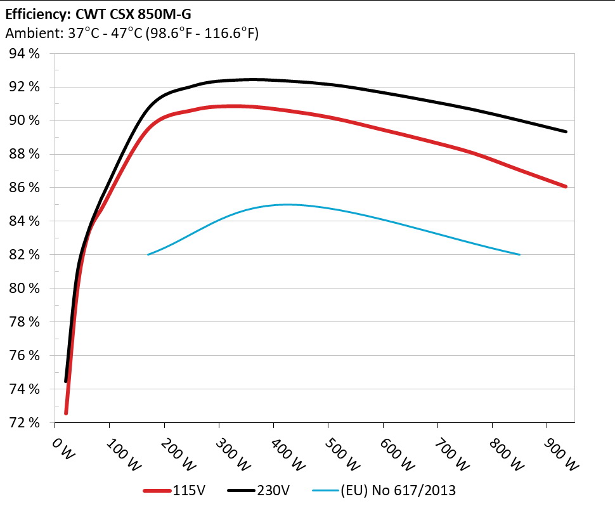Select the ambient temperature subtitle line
131,34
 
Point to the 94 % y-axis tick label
25,54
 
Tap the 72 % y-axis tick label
25,422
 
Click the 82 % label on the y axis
25,255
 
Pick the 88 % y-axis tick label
25,154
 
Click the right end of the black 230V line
566,131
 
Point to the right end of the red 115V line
566,186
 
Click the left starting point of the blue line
148,254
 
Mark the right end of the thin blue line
520,254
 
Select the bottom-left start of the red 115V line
66,413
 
